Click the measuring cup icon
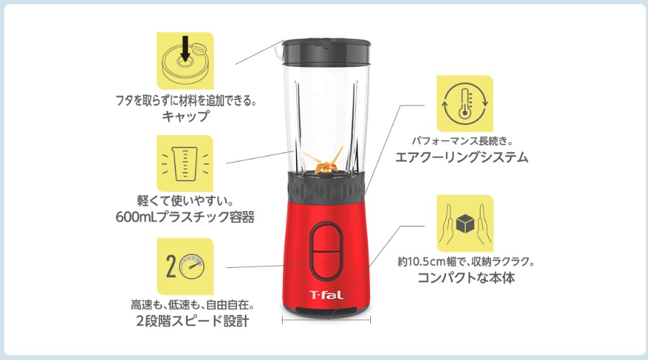184,163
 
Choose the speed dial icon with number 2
184,266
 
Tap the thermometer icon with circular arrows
464,103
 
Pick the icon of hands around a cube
464,224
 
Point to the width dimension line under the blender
326,320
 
